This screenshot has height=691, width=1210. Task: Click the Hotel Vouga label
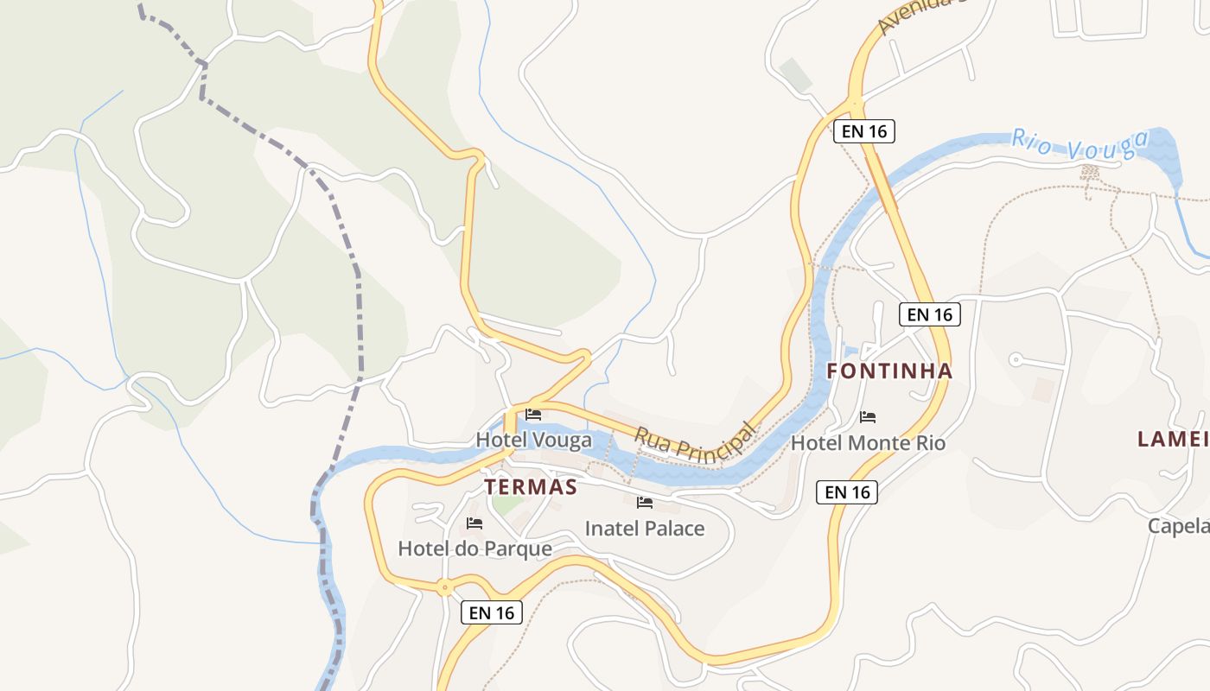(533, 441)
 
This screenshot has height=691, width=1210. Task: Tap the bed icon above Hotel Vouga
(533, 415)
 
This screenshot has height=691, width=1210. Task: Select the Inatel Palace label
(645, 529)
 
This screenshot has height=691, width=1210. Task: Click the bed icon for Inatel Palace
(645, 503)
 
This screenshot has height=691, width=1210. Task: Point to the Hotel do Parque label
(474, 548)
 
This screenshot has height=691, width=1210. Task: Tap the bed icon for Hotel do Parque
(474, 523)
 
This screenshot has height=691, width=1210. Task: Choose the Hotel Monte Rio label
(868, 443)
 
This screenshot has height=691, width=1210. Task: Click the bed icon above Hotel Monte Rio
(868, 417)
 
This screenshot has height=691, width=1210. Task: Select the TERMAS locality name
(531, 487)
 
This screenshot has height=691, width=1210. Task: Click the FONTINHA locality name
(889, 371)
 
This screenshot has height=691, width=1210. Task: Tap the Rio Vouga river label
(1079, 145)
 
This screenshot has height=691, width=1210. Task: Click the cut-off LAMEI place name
(1173, 439)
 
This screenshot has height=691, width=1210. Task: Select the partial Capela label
(1178, 525)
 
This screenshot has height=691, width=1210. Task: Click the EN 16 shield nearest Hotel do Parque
(492, 612)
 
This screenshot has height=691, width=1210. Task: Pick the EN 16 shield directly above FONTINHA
(930, 314)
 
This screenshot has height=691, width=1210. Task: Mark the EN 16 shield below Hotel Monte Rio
(847, 492)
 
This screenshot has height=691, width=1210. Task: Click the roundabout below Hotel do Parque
(444, 588)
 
